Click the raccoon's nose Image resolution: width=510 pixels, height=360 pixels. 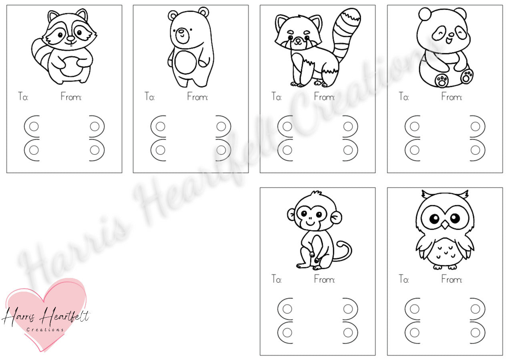click(71, 38)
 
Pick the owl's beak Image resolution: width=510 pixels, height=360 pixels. click(445, 225)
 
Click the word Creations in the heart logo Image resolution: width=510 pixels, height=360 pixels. click(45, 330)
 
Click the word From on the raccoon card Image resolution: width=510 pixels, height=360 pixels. click(71, 97)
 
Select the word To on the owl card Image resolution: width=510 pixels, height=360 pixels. click(404, 279)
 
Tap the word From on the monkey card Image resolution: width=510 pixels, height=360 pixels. click(324, 279)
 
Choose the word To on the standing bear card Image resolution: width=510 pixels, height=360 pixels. click(150, 97)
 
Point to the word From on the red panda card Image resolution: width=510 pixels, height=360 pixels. click(324, 97)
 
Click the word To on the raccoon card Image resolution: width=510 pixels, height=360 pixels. click(23, 97)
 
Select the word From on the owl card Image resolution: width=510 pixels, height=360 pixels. click(452, 279)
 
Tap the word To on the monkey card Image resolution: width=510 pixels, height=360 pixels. click(276, 279)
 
